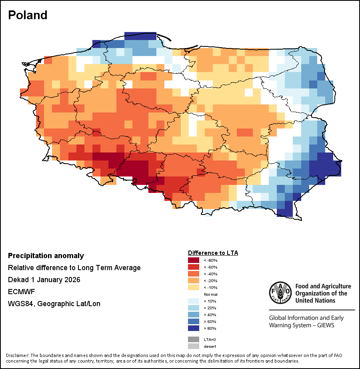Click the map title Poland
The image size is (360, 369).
pyautogui.click(x=28, y=15)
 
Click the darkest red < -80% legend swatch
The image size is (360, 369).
pyautogui.click(x=194, y=261)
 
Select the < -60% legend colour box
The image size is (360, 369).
pyautogui.click(x=194, y=267)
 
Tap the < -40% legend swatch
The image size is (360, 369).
pyautogui.click(x=194, y=274)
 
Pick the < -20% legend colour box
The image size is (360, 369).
pyautogui.click(x=194, y=281)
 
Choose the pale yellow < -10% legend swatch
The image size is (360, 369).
pyautogui.click(x=194, y=288)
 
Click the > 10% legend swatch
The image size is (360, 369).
pyautogui.click(x=194, y=301)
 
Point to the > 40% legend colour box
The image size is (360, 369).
pyautogui.click(x=194, y=315)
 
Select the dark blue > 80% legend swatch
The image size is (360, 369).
pyautogui.click(x=194, y=329)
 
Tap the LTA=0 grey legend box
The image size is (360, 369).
pyautogui.click(x=194, y=339)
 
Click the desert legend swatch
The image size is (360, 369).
pyautogui.click(x=194, y=346)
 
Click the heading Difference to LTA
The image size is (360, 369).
pyautogui.click(x=213, y=253)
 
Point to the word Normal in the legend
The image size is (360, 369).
pyautogui.click(x=210, y=295)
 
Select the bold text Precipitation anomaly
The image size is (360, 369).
pyautogui.click(x=46, y=256)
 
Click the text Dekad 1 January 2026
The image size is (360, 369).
pyautogui.click(x=44, y=280)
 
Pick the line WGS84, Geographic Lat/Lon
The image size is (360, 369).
pyautogui.click(x=54, y=304)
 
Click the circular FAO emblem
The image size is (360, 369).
pyautogui.click(x=280, y=293)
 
